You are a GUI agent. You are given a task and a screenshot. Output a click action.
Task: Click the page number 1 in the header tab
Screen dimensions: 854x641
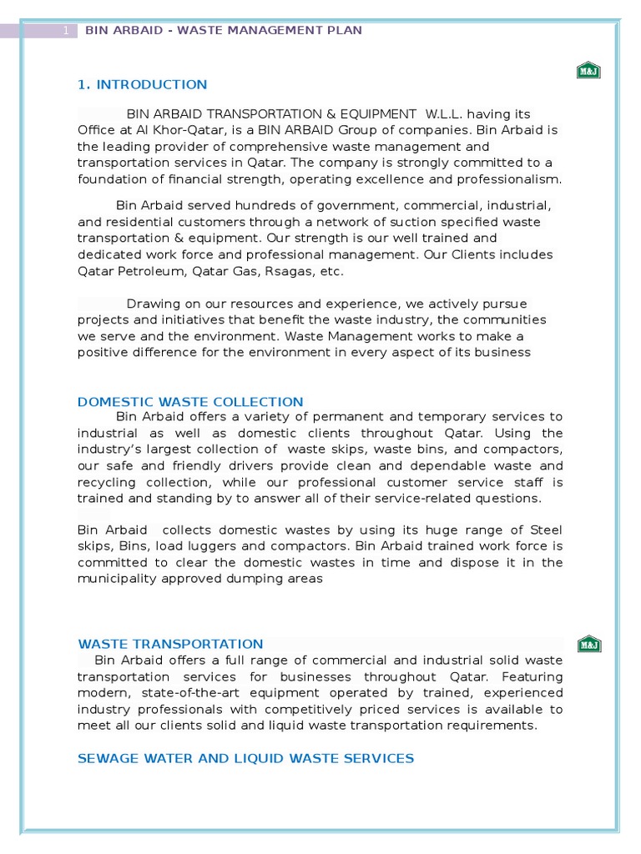pyautogui.click(x=66, y=31)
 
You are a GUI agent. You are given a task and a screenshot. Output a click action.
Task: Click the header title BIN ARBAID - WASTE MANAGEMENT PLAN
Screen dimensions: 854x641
pyautogui.click(x=223, y=31)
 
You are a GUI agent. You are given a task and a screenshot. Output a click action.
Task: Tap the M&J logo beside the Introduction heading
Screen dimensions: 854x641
pyautogui.click(x=588, y=71)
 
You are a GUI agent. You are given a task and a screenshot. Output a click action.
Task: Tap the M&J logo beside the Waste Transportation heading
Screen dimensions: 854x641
pyautogui.click(x=588, y=645)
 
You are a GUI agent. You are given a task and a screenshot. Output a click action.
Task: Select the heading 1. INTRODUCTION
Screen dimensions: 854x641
pyautogui.click(x=142, y=84)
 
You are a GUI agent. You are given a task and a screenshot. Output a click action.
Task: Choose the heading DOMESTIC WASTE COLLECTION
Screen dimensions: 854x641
pyautogui.click(x=190, y=402)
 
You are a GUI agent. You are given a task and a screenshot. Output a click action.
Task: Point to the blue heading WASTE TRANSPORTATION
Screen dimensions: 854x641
pyautogui.click(x=170, y=644)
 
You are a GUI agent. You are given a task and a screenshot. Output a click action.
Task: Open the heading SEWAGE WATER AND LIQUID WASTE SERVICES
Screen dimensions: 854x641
pyautogui.click(x=245, y=758)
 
